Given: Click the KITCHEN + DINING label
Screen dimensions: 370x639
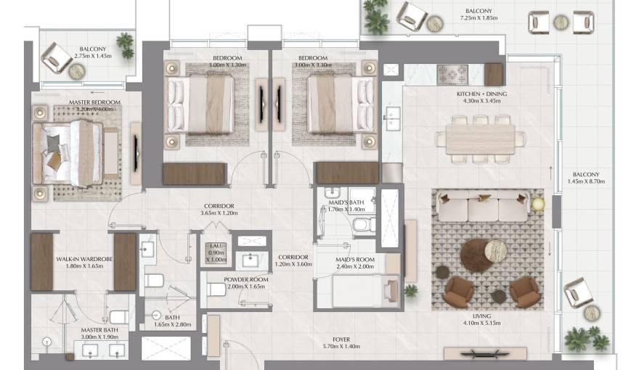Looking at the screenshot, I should (x=481, y=94).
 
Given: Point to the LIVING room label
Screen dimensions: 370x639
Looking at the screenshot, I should (x=482, y=316).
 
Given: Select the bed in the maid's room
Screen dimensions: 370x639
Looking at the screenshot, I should (x=358, y=292).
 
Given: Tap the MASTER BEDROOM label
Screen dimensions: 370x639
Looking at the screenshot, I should (x=94, y=103).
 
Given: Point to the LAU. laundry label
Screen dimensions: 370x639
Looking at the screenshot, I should (x=215, y=247).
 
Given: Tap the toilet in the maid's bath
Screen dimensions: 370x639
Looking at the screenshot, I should (x=361, y=227).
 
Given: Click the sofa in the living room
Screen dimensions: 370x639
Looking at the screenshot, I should (x=482, y=208).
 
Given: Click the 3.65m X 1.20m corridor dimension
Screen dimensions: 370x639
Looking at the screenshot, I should (x=219, y=215).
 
